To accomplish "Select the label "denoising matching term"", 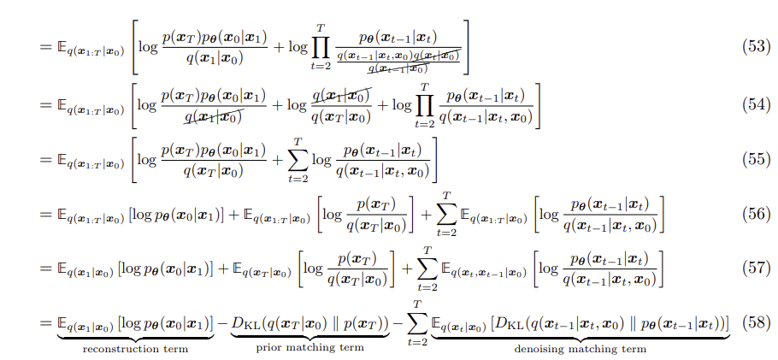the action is [x=580, y=349].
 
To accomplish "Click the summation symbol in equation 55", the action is [x=296, y=160].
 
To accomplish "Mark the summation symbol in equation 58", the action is [x=419, y=323].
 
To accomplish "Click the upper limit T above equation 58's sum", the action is [x=419, y=304].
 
